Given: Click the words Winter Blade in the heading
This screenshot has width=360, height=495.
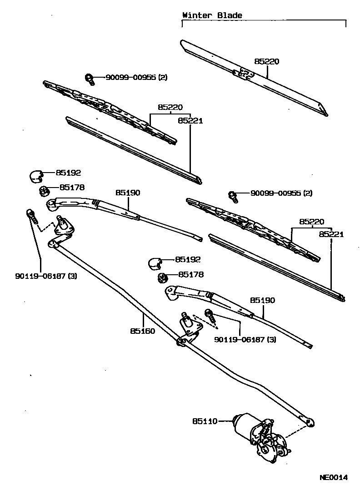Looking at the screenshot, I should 212,15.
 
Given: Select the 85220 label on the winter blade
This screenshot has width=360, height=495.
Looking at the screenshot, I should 266,61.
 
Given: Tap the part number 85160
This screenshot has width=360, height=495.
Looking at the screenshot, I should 142,331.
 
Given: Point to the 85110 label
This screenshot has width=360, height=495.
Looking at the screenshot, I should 205,421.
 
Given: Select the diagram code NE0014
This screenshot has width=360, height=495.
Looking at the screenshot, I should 333,477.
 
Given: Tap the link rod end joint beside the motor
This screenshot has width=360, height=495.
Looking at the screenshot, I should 310,422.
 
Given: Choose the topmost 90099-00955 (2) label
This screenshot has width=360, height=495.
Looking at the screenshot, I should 136,78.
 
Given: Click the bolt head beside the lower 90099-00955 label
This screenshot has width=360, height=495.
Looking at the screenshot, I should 233,196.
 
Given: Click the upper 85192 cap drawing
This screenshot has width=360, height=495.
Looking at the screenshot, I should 36,174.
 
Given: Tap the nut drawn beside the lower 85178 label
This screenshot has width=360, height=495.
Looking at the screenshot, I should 161,277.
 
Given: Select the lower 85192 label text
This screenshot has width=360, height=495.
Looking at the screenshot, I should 188,259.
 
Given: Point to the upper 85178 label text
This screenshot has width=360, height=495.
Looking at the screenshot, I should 72,187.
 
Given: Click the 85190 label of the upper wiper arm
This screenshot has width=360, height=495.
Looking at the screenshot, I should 128,193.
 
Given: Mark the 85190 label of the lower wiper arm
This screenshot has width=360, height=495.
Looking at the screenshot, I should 262,301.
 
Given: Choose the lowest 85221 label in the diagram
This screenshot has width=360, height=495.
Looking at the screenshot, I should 331,234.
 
